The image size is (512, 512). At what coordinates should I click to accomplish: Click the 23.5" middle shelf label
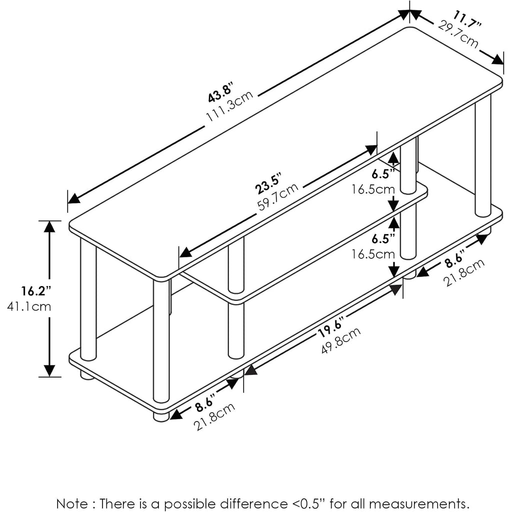[x=268, y=184]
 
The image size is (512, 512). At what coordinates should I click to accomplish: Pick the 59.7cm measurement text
[x=277, y=197]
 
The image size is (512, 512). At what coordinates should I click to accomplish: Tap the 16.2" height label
[x=36, y=290]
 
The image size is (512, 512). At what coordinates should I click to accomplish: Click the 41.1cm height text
[x=29, y=306]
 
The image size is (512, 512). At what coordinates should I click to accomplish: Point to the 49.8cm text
[x=341, y=340]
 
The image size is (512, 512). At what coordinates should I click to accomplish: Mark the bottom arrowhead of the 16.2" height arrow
[x=49, y=371]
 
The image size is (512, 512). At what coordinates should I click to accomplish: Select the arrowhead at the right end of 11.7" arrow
[x=497, y=60]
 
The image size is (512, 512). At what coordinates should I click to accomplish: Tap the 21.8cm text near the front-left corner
[x=214, y=416]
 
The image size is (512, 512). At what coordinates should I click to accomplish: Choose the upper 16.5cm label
[x=372, y=189]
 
